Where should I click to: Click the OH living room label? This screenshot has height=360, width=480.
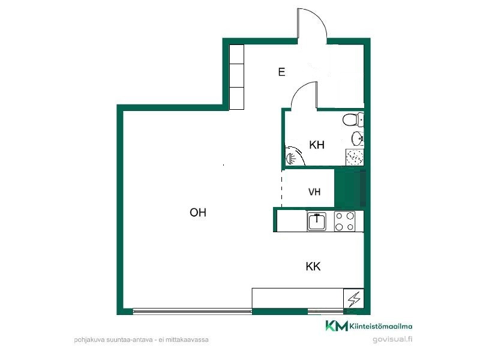(198, 212)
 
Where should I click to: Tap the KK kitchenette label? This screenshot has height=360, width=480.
(313, 266)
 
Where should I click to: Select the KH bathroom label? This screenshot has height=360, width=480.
(317, 145)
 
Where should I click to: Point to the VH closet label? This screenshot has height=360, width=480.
(314, 192)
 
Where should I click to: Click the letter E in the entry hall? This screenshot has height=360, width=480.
(281, 72)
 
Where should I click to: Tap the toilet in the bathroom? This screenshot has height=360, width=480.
(353, 119)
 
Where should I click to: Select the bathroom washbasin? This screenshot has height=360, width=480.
(357, 139)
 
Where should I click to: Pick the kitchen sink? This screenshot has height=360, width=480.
(317, 221)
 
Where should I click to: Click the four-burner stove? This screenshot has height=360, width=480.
(344, 221)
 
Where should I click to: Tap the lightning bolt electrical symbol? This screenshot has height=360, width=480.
(354, 298)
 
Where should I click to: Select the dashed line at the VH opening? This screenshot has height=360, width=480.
(281, 188)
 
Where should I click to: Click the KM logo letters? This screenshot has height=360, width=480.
(337, 326)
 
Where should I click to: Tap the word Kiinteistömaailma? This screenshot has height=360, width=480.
(381, 326)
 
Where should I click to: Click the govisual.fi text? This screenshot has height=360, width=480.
(392, 339)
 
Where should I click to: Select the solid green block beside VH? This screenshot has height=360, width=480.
(350, 188)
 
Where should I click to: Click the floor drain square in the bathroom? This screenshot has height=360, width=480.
(355, 157)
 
